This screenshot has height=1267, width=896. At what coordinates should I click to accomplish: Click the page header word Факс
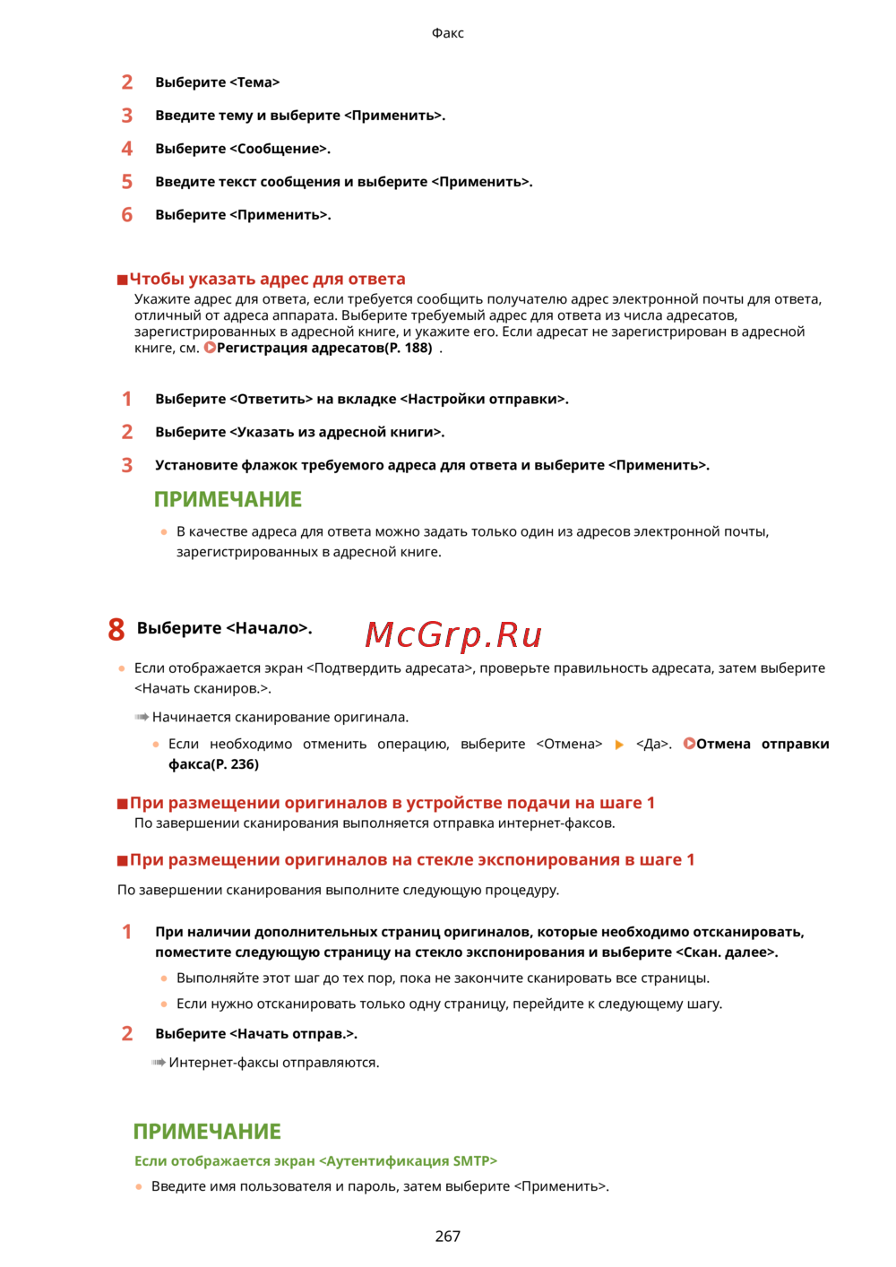pos(448,33)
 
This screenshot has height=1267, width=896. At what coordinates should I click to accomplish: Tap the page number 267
pos(448,1237)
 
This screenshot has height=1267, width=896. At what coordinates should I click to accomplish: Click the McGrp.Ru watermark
pos(453,634)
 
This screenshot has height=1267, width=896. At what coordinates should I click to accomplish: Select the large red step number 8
pos(116,629)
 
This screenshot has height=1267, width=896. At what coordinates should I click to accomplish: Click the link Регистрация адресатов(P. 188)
pos(323,348)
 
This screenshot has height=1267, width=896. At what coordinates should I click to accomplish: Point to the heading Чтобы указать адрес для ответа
pos(267,279)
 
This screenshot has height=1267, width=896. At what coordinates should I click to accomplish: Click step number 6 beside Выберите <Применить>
pos(127,215)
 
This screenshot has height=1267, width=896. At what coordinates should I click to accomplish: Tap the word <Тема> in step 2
pos(254,82)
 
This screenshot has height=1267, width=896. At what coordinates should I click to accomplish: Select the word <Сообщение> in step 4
pos(280,149)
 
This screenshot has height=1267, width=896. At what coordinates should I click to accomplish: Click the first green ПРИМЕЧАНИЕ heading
pos(228,499)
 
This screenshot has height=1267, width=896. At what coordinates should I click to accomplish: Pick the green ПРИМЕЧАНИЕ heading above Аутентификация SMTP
pos(207,1132)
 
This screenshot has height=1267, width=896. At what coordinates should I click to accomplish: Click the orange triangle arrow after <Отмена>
pos(619,745)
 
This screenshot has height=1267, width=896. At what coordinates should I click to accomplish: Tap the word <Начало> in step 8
pos(268,628)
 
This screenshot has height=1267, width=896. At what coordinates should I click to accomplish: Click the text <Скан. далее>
pos(727,952)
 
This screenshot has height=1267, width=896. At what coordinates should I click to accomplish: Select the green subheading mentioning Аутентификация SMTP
pos(315,1161)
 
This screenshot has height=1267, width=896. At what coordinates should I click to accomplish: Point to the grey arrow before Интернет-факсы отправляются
pos(159,1063)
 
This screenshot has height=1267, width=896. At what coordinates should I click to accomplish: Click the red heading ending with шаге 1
pos(392,803)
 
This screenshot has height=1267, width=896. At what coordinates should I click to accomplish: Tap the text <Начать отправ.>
pos(293,1034)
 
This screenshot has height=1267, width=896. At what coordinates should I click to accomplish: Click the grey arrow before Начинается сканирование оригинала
pos(142,718)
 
